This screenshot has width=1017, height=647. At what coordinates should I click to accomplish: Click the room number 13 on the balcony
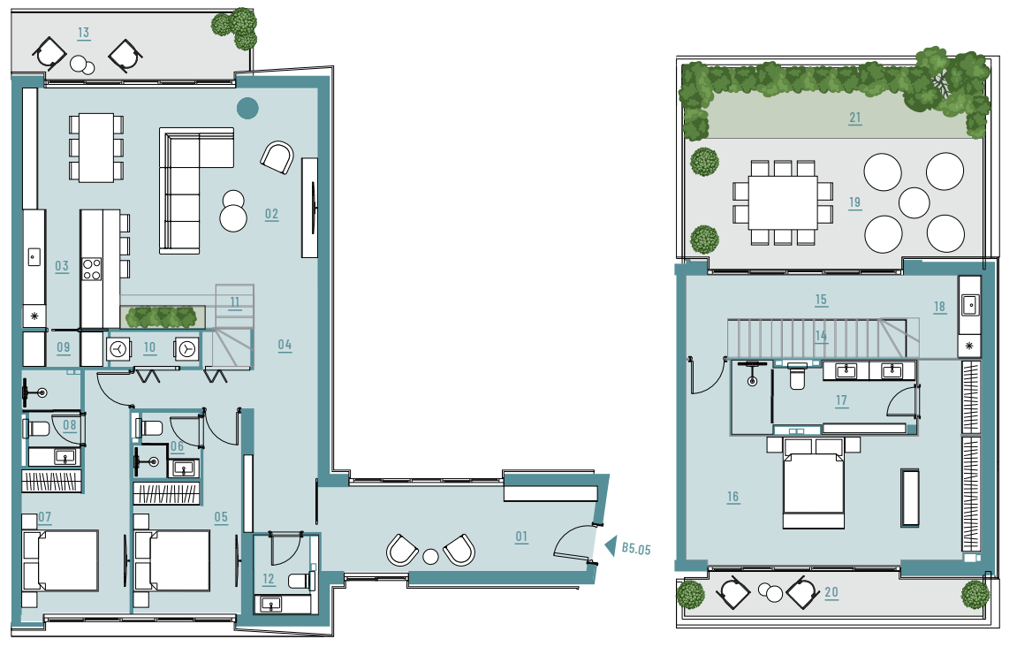(x=83, y=33)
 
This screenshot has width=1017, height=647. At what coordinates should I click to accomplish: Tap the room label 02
(x=272, y=214)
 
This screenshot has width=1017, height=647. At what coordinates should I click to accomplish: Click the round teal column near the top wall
(x=247, y=109)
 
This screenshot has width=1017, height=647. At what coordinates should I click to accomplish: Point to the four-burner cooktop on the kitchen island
(x=92, y=270)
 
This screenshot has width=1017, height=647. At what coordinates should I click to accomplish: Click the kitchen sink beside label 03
(x=34, y=257)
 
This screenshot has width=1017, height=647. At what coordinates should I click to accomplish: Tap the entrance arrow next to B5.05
(x=610, y=546)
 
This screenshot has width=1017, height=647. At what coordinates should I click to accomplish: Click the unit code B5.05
(x=635, y=549)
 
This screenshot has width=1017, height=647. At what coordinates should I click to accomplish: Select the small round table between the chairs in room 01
(x=430, y=556)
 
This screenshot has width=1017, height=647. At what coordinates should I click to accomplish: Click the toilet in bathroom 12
(x=301, y=580)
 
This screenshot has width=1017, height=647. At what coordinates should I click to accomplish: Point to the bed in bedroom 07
(x=60, y=560)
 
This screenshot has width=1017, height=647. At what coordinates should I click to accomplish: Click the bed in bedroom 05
(x=172, y=560)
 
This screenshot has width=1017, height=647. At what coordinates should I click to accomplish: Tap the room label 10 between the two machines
(x=150, y=347)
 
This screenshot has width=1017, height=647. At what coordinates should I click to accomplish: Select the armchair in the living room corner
(x=277, y=157)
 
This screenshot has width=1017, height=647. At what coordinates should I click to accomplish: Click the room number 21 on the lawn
(x=854, y=118)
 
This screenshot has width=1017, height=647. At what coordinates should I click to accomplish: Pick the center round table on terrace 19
(x=915, y=202)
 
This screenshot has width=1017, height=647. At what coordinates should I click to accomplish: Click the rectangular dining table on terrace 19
(x=783, y=202)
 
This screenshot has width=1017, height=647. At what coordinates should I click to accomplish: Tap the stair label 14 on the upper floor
(x=821, y=336)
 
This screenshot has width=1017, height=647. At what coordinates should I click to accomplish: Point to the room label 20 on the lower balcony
(x=831, y=592)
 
